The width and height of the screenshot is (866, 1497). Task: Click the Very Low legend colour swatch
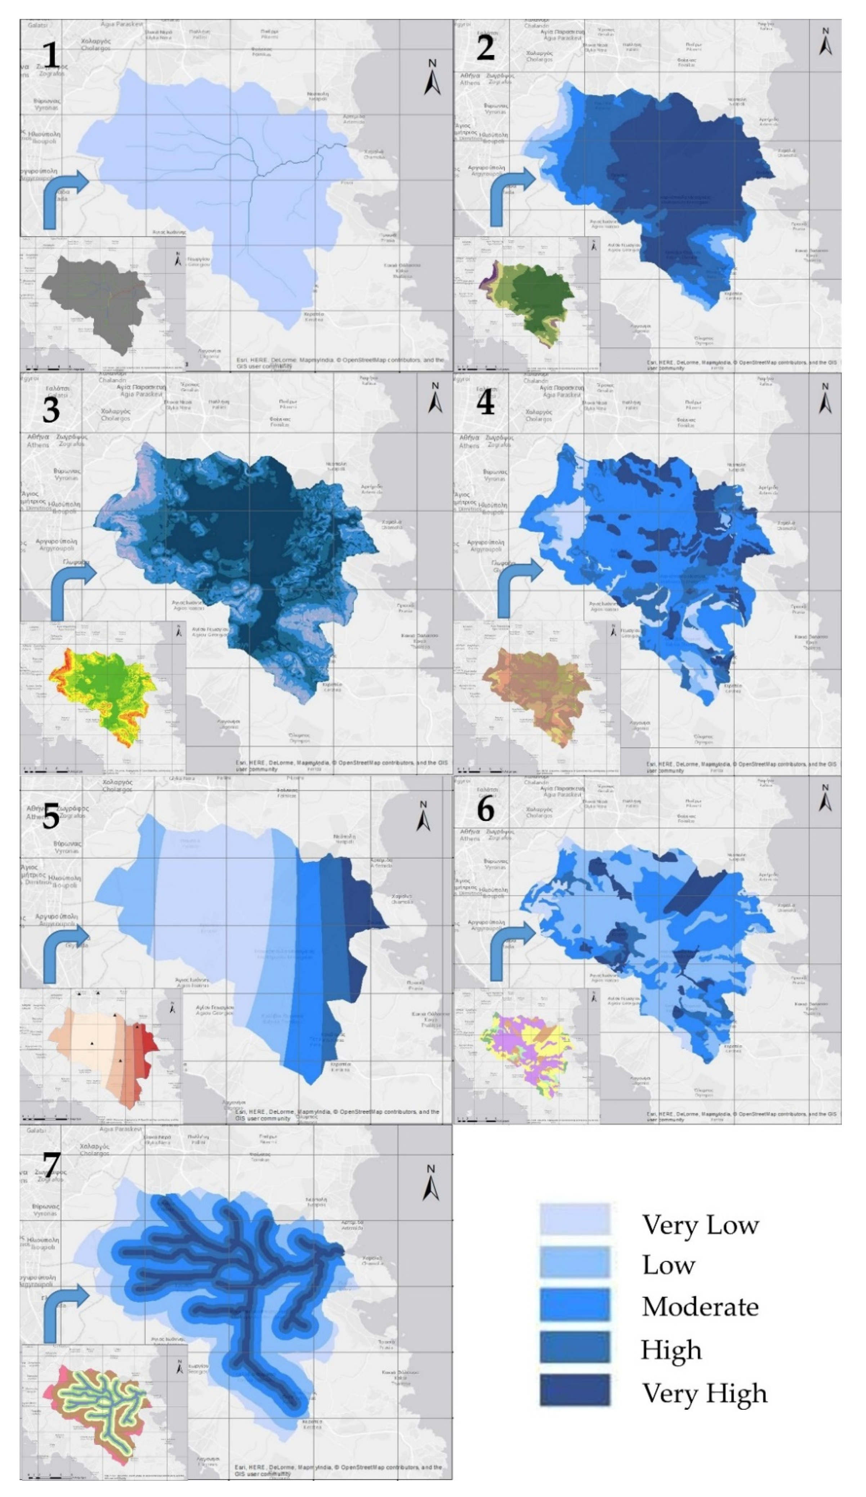point(574,1220)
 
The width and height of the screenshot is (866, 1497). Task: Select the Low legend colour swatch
point(574,1263)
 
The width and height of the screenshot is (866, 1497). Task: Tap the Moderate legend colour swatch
point(574,1305)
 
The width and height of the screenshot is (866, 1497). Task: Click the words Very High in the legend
point(704,1393)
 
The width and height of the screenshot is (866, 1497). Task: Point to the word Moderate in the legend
point(700,1306)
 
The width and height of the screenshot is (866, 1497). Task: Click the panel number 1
point(51,55)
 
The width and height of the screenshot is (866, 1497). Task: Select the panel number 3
point(51,410)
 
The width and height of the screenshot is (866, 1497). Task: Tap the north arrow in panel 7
point(430,1182)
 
